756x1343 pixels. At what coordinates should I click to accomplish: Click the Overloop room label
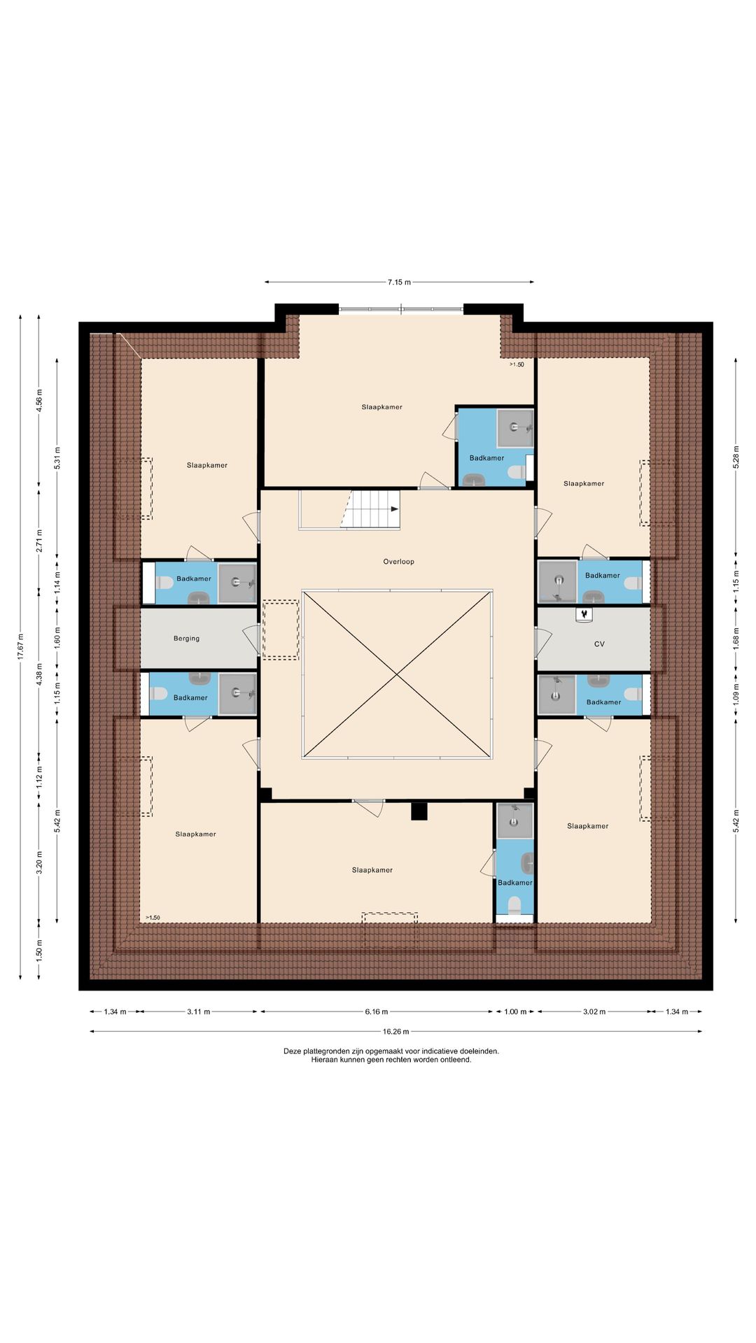tap(398, 562)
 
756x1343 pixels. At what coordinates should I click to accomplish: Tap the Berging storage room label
tap(186, 639)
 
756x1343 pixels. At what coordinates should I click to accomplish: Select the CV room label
tap(599, 644)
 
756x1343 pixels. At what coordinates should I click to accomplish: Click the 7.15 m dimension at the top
tap(399, 283)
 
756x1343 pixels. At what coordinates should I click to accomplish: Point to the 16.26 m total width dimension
tap(395, 1031)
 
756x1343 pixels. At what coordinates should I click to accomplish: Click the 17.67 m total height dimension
tap(20, 646)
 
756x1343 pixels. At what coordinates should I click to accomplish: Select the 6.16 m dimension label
tap(376, 1011)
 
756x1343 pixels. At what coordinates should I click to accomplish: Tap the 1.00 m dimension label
tap(515, 1011)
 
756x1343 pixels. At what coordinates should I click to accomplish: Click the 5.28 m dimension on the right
tap(736, 457)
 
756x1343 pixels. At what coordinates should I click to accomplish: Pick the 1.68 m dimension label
tap(736, 638)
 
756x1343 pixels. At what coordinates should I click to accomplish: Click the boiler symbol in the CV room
tap(583, 614)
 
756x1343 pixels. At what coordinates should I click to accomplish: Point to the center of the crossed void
tap(398, 674)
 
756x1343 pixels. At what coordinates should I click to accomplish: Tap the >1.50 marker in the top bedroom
tap(517, 364)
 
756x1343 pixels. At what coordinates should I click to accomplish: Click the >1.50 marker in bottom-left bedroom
tap(153, 918)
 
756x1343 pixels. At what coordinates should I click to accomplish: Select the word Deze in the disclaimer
tap(291, 1051)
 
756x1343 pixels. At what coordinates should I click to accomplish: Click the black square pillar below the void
tap(419, 811)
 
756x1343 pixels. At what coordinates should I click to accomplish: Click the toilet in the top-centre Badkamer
tap(517, 473)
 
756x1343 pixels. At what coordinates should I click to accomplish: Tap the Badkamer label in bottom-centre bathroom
tap(515, 883)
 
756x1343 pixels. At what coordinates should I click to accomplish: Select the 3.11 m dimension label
tap(198, 1011)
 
